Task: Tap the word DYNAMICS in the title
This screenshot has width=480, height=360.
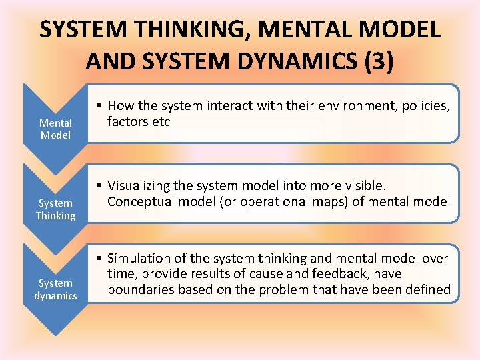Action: pyautogui.click(x=299, y=62)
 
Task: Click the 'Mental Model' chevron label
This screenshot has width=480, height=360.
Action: pyautogui.click(x=55, y=129)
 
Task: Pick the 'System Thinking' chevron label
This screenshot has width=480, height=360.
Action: pyautogui.click(x=55, y=209)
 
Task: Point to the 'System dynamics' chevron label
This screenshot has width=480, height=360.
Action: pyautogui.click(x=55, y=289)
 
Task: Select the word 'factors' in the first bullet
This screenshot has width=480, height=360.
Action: pyautogui.click(x=127, y=121)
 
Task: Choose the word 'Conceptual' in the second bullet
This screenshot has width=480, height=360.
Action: pyautogui.click(x=140, y=201)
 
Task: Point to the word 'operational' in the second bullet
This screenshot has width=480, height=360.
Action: pyautogui.click(x=257, y=201)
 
